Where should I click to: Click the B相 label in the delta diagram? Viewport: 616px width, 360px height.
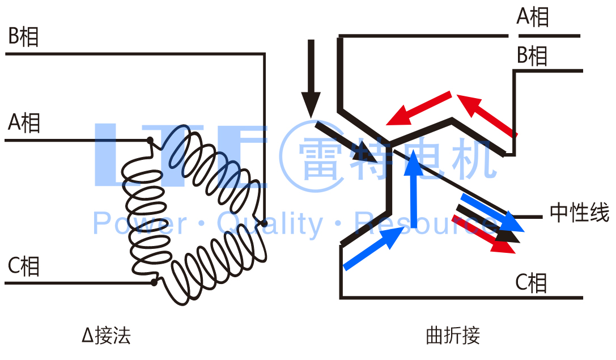coord(23,37)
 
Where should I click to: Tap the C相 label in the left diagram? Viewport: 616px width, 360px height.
coord(23,265)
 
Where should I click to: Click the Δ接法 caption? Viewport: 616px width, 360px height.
coord(106,336)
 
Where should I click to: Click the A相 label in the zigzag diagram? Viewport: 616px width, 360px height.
coord(533,17)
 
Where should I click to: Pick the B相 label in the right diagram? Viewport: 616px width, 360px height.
coord(532,56)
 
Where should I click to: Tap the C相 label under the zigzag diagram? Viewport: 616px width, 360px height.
coord(531,282)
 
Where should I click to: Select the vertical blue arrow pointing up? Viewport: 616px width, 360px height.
coord(415,190)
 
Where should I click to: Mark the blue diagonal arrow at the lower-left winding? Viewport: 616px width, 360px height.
coord(375,247)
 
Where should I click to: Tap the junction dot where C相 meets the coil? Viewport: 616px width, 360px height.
coord(154,282)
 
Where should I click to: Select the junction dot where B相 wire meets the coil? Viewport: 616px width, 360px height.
coord(264,224)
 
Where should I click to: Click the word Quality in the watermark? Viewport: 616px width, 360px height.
coord(269,223)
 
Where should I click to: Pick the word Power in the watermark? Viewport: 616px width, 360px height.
coord(139,223)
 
